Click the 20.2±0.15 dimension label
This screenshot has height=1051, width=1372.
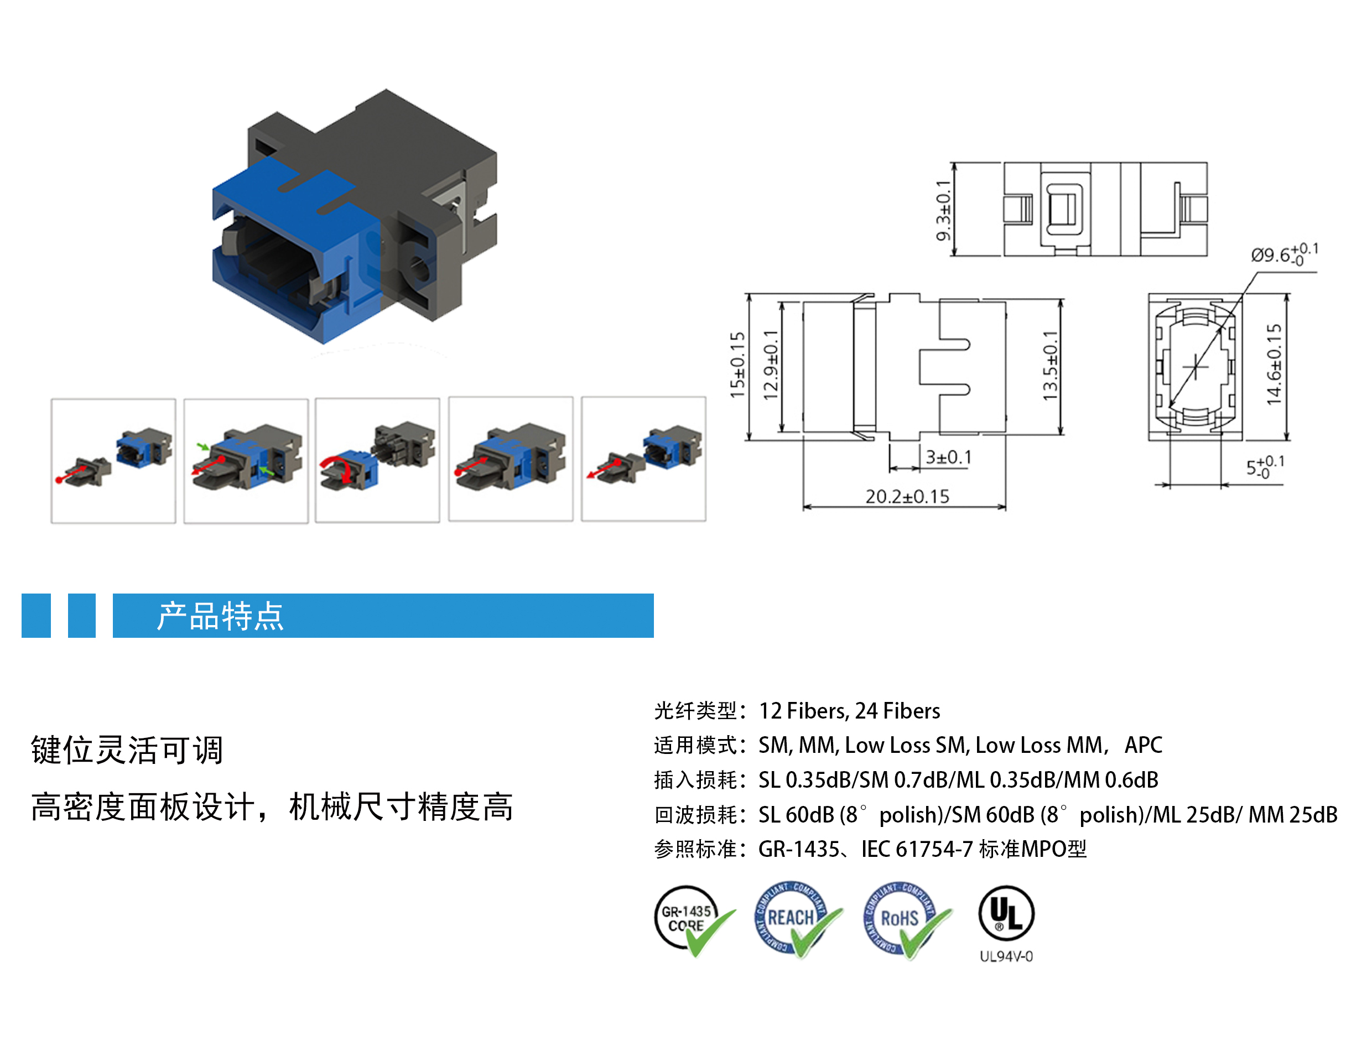tap(907, 496)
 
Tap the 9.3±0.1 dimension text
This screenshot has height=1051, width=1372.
tap(943, 210)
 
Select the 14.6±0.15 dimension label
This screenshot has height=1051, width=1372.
tap(1274, 364)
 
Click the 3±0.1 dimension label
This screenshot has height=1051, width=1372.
tap(948, 457)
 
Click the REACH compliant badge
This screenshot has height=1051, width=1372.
tap(794, 918)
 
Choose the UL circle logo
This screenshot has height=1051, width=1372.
tap(1005, 913)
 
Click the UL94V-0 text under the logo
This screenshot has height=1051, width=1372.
tap(1005, 956)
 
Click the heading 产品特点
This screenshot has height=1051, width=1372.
tap(220, 616)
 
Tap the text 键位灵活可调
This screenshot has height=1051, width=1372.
tap(127, 750)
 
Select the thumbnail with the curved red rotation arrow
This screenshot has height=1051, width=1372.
tap(377, 460)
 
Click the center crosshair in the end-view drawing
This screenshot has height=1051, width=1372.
tap(1195, 367)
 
